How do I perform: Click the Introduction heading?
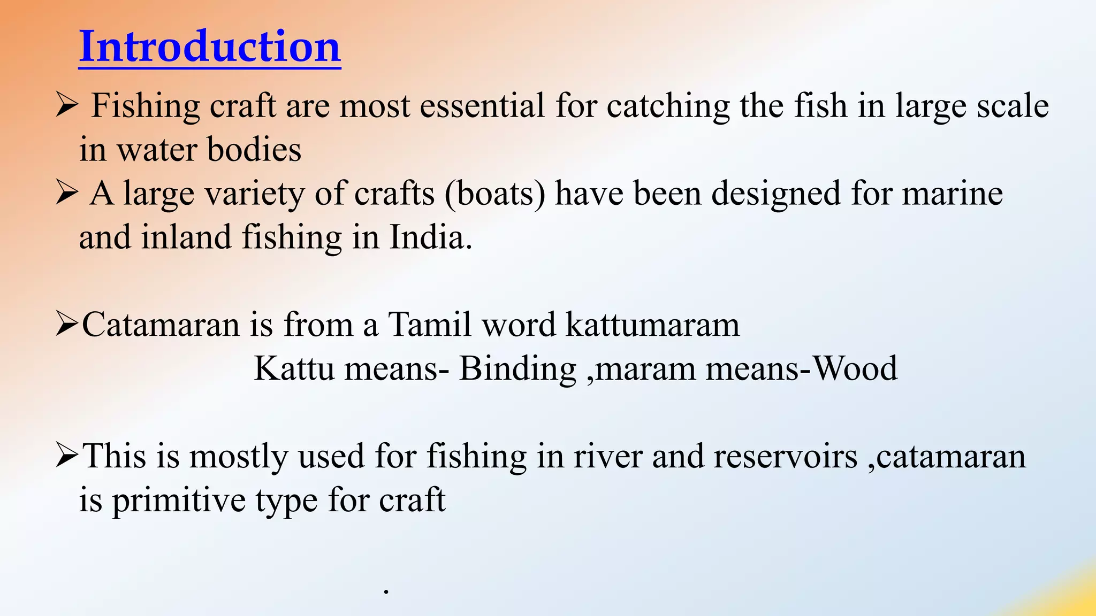(210, 47)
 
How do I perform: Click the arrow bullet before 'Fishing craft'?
(67, 105)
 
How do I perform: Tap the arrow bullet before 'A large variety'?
(67, 193)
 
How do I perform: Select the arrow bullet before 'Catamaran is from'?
(67, 325)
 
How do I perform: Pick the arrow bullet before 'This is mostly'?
(67, 456)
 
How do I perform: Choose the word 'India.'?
(431, 237)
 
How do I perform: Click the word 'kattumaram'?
(653, 325)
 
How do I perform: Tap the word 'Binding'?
(517, 368)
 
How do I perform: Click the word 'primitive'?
(178, 501)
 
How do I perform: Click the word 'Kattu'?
(294, 368)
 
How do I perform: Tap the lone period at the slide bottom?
(386, 592)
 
